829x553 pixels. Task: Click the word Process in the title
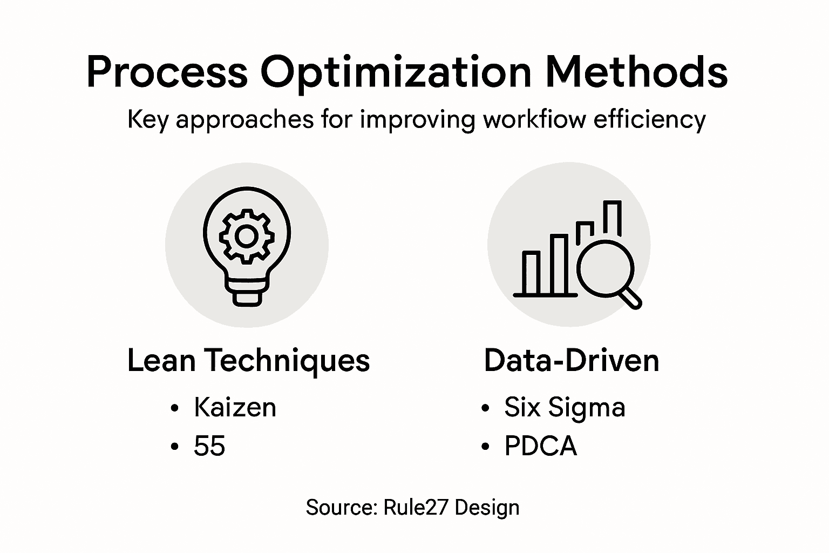(x=166, y=72)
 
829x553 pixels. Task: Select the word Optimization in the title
(x=396, y=72)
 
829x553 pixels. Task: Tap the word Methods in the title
(x=637, y=72)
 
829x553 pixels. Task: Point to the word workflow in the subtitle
(x=534, y=119)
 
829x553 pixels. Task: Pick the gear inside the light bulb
(x=247, y=236)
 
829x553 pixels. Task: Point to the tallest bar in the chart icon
(x=612, y=219)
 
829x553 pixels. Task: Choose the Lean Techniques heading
(x=248, y=360)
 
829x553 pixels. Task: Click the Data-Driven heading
(x=572, y=360)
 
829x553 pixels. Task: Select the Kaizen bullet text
(x=235, y=407)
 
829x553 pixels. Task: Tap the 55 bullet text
(x=209, y=446)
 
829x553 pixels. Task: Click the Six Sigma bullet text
(x=565, y=407)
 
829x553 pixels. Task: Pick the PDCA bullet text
(x=540, y=446)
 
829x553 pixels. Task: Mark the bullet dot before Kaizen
(x=174, y=408)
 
